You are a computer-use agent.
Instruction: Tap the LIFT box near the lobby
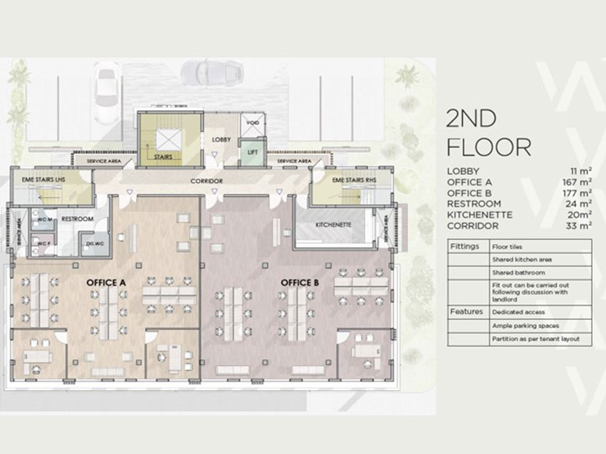tap(252, 152)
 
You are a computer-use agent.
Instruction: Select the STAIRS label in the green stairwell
tap(164, 155)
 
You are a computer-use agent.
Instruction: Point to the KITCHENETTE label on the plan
tap(334, 225)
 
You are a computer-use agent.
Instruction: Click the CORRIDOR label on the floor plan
tap(206, 181)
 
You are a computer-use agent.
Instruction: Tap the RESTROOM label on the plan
tap(75, 218)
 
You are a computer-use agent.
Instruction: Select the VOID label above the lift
tap(252, 122)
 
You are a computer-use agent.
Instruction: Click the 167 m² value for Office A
tap(576, 181)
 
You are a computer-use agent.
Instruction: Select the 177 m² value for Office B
tap(576, 192)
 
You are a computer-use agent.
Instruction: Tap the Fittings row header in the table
tap(465, 246)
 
